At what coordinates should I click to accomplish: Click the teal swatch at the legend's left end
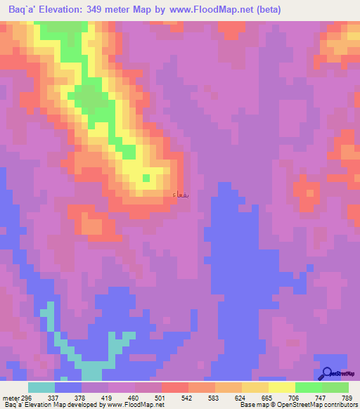41,388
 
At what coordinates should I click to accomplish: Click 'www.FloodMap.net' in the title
212,10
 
